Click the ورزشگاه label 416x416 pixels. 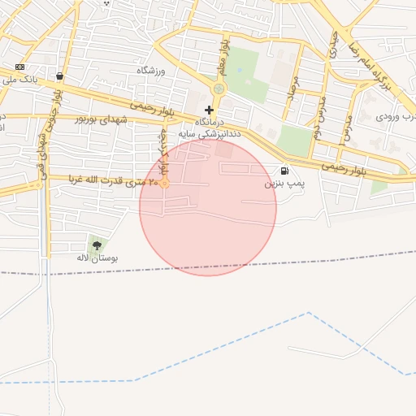pyautogui.click(x=150, y=71)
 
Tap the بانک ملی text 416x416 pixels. pyautogui.click(x=21, y=80)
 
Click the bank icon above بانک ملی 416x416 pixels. pyautogui.click(x=20, y=67)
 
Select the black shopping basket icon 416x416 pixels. pyautogui.click(x=60, y=76)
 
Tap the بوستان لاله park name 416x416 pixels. pyautogui.click(x=98, y=258)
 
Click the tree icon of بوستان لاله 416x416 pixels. pyautogui.click(x=97, y=245)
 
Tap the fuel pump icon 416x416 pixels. pyautogui.click(x=284, y=171)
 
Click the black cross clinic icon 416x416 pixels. pyautogui.click(x=210, y=110)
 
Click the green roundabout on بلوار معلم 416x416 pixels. pyautogui.click(x=219, y=89)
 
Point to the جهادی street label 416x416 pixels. pyautogui.click(x=332, y=42)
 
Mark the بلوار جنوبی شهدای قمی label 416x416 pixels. pyautogui.click(x=50, y=122)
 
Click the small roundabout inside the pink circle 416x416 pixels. pyautogui.click(x=165, y=184)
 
